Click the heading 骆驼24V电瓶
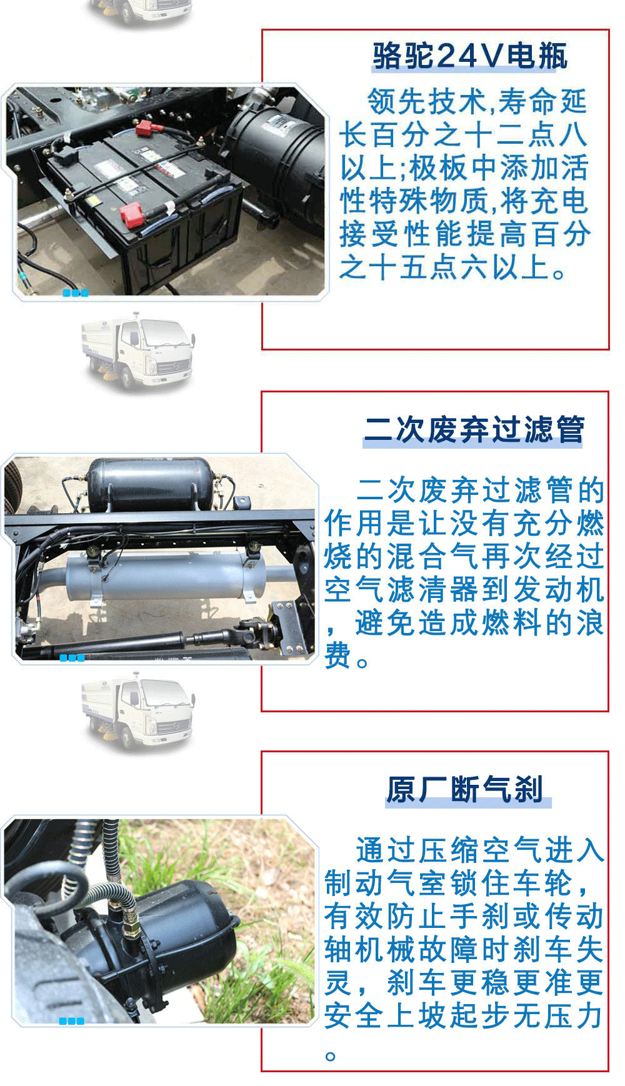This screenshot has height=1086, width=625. [470, 57]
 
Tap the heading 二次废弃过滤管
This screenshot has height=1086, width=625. [474, 430]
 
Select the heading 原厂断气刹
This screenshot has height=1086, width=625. [465, 789]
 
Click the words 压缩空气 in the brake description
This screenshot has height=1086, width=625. [465, 850]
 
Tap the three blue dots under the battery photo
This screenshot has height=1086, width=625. [75, 293]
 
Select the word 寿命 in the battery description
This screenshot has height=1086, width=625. [529, 101]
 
